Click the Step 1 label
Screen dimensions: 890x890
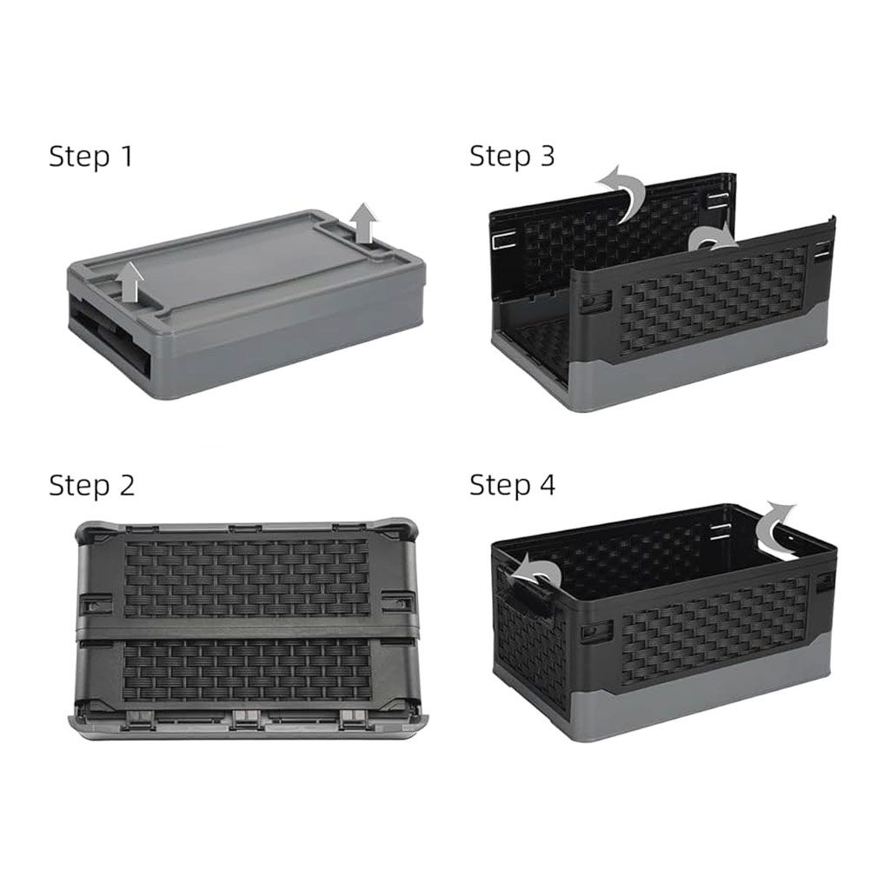click(x=90, y=156)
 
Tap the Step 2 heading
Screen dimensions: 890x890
click(x=92, y=485)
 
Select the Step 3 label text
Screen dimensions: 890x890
click(x=512, y=156)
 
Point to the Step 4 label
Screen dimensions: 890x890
click(x=513, y=485)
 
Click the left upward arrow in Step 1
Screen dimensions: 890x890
click(x=131, y=282)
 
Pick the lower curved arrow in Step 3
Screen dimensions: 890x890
click(x=714, y=239)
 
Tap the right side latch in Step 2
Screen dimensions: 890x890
click(x=397, y=602)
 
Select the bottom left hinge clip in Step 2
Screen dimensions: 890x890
click(x=140, y=718)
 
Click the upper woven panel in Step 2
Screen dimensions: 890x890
click(x=246, y=578)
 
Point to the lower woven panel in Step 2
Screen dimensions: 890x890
click(x=246, y=670)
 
